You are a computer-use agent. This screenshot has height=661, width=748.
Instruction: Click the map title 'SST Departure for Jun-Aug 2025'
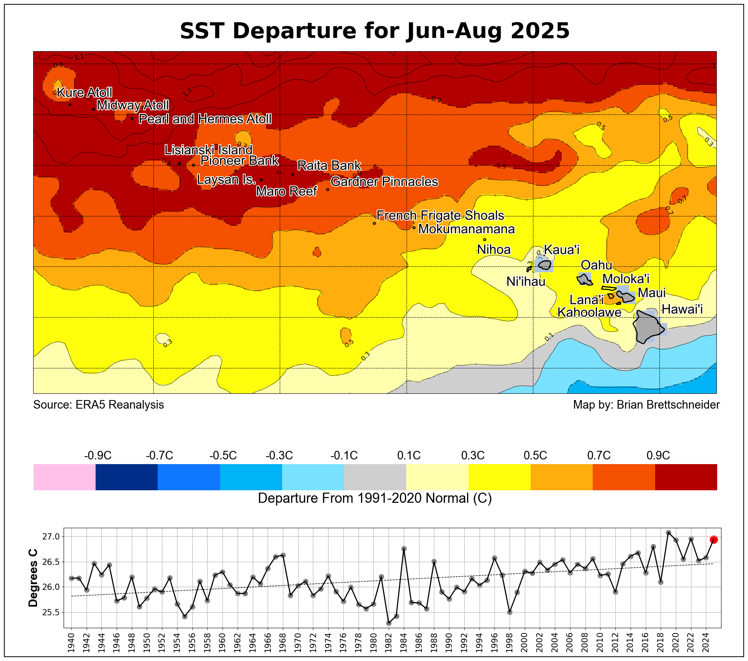point(375,31)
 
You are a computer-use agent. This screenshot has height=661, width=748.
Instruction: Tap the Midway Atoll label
point(133,105)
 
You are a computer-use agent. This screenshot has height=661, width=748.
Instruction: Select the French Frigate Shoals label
point(440,216)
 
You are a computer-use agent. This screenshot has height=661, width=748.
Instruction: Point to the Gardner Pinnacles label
point(384,182)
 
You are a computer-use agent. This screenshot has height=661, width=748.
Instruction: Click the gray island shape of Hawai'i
point(648,327)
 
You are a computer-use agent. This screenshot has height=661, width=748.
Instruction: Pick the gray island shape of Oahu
point(585,279)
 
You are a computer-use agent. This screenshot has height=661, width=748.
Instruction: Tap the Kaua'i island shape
point(544,265)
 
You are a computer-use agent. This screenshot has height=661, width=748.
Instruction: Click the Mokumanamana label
point(466,229)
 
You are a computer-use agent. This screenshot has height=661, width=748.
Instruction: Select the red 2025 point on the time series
point(714,540)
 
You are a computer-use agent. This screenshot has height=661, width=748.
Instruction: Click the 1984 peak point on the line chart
point(404,549)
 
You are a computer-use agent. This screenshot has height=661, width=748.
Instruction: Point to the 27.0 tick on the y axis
point(51,537)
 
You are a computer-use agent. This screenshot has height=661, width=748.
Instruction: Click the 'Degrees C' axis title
point(34,578)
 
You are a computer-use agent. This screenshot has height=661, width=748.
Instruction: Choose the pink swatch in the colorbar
point(64,477)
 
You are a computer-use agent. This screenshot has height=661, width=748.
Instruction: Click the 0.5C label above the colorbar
point(535,456)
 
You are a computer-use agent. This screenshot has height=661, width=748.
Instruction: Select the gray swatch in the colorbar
point(375,477)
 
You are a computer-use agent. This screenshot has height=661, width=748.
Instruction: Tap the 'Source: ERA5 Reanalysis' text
point(99,405)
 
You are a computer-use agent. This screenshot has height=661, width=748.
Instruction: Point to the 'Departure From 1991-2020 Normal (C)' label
point(375,498)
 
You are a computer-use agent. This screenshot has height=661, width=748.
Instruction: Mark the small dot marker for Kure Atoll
point(70,105)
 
